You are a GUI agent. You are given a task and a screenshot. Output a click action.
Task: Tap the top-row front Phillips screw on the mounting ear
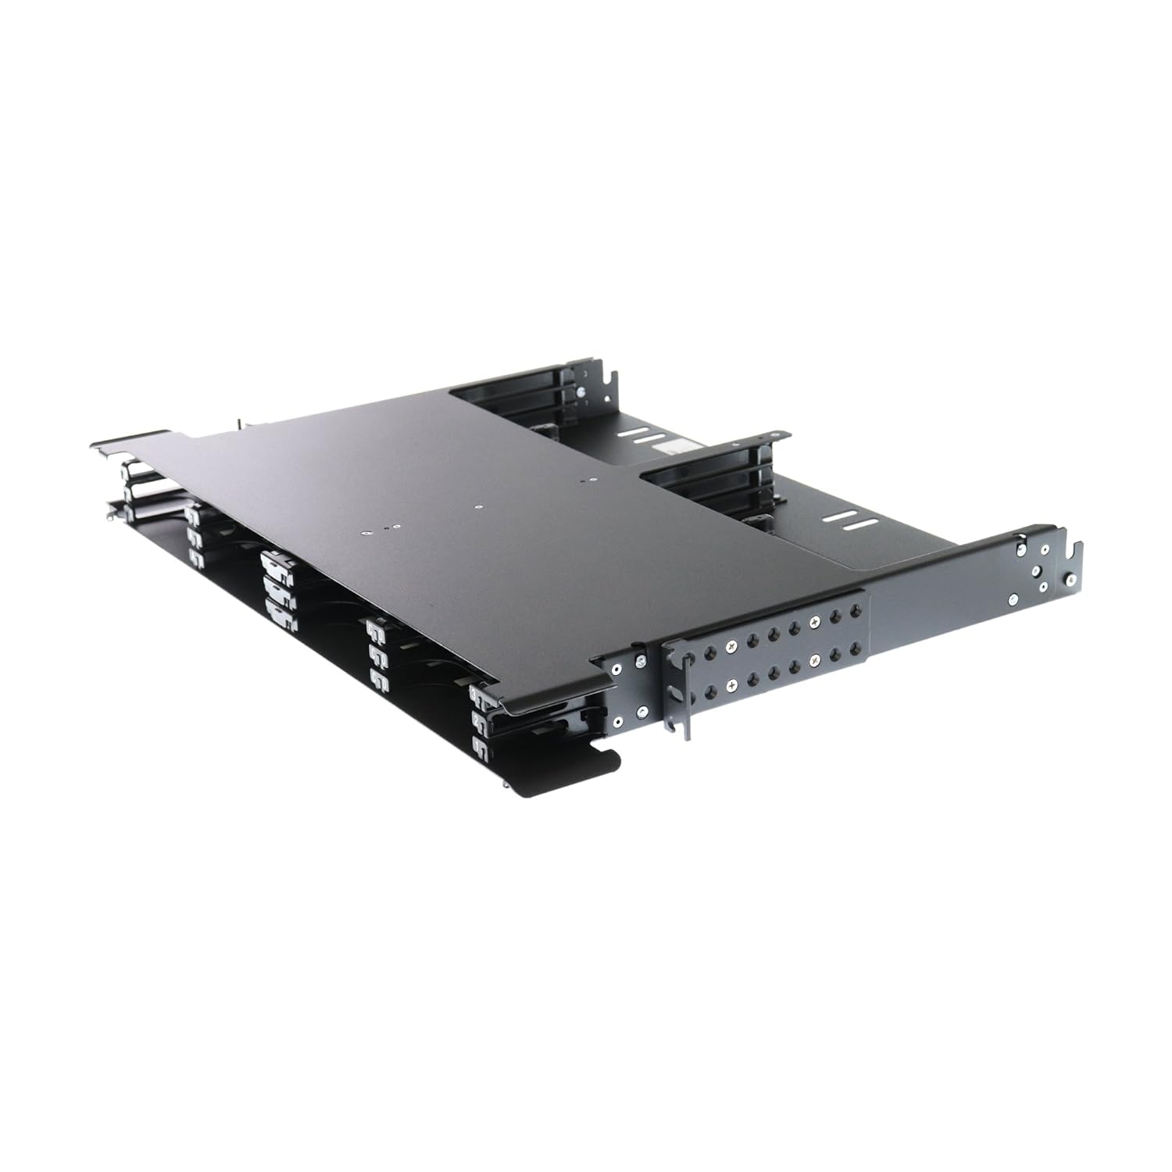(x=731, y=645)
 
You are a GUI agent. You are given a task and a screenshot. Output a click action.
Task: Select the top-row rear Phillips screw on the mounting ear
(x=815, y=620)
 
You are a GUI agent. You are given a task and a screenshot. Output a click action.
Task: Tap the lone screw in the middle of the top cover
(x=479, y=506)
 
